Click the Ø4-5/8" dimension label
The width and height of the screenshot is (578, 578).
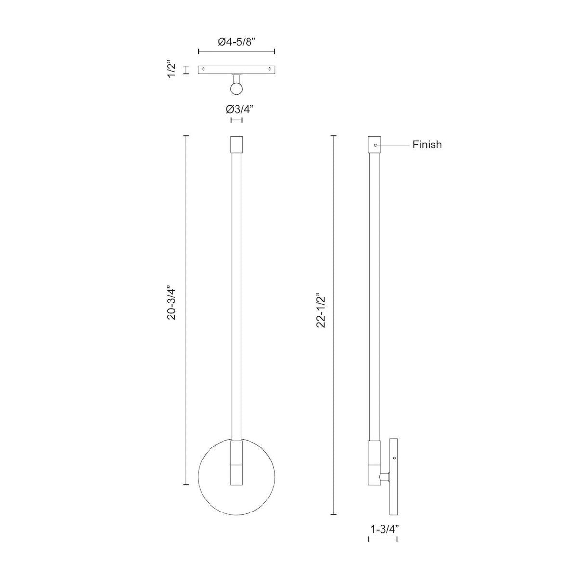point(236,42)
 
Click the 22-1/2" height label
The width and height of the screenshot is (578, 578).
point(321,311)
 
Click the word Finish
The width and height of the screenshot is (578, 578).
point(427,144)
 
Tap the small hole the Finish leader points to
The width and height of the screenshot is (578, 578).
point(376,144)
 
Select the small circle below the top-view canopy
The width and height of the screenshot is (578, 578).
point(236,89)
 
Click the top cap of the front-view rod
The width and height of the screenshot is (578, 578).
point(236,144)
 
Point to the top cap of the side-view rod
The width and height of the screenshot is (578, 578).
point(375,144)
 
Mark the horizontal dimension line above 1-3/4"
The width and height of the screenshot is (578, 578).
point(383,539)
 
